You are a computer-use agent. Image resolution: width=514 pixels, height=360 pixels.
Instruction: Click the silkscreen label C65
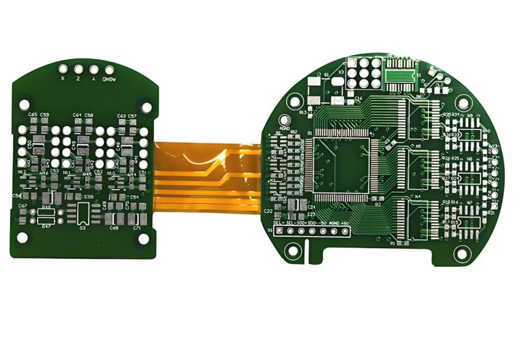click(33, 115)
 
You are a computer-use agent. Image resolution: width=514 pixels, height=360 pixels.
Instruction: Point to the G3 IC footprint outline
click(83, 212)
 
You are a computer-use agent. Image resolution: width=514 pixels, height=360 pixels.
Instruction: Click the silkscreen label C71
click(137, 229)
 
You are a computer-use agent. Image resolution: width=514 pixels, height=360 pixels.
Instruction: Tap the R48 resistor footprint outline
click(46, 214)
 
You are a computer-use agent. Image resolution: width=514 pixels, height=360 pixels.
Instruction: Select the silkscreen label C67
click(23, 206)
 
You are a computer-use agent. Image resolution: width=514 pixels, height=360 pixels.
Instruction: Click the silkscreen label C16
click(358, 99)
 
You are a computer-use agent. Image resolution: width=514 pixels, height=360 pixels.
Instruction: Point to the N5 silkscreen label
click(418, 146)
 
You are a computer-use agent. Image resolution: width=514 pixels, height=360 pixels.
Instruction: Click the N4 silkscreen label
click(417, 197)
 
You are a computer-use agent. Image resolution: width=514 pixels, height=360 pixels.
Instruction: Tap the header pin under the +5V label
click(345, 232)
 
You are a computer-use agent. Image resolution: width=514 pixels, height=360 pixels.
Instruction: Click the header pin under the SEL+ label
click(279, 232)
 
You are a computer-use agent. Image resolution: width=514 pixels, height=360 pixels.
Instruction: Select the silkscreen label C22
click(268, 212)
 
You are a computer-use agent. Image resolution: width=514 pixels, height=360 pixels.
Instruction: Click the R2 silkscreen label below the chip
click(378, 204)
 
